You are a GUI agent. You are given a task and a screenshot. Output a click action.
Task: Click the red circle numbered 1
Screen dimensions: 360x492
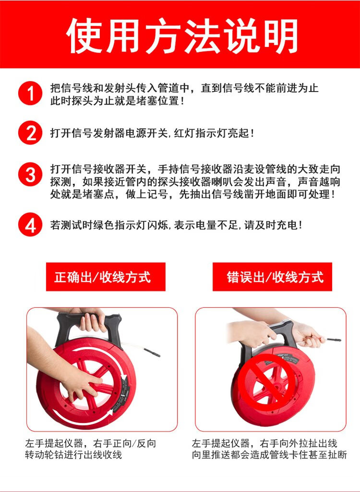pos(30,93)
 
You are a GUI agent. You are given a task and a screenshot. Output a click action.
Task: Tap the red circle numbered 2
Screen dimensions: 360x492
pos(30,133)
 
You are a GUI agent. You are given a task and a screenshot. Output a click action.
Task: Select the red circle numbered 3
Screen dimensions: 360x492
pos(30,174)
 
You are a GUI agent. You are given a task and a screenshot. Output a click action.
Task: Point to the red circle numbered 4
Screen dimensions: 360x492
pos(30,225)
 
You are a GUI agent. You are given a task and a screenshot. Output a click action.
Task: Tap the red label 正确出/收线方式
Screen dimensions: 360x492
pos(106,277)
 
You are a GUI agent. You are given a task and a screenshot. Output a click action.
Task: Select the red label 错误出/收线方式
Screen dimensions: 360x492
pos(272,277)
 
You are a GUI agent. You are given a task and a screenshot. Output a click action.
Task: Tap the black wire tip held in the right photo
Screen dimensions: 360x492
pos(334,340)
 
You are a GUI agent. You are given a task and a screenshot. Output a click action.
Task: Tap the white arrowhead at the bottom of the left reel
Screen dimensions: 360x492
pos(109,414)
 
